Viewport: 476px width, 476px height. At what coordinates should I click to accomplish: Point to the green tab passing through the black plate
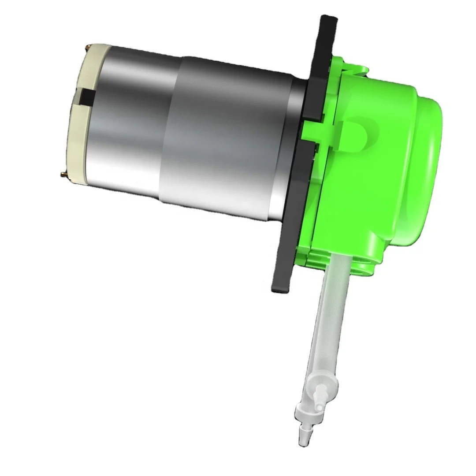317,132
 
